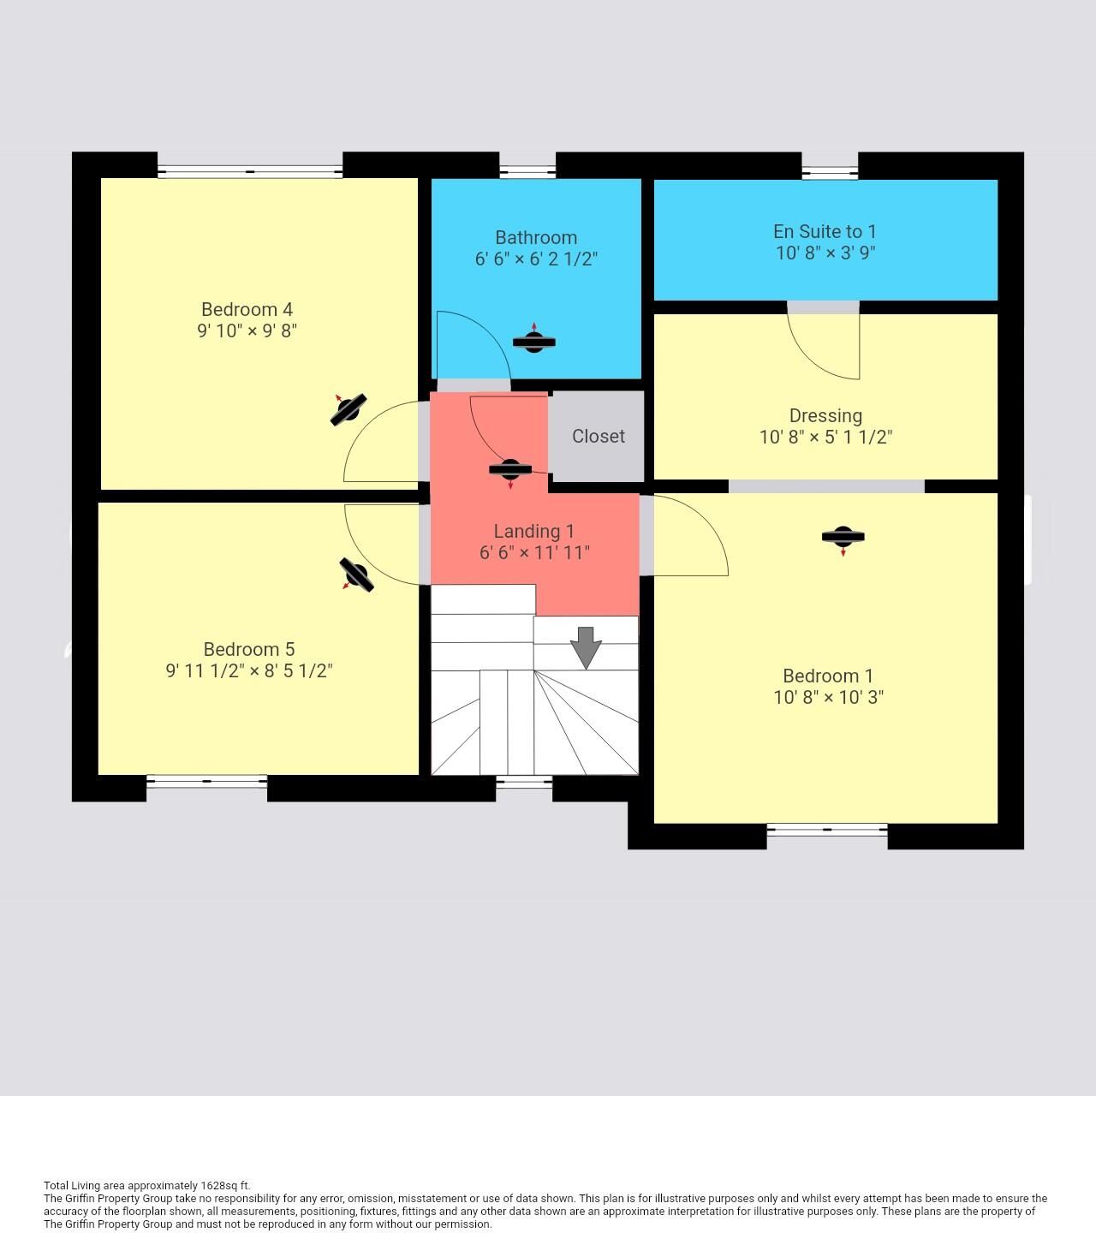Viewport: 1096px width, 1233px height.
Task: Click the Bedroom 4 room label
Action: pos(247,309)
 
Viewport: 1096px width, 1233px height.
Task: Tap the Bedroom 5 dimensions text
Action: pos(249,670)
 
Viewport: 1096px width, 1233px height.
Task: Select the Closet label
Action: pos(599,436)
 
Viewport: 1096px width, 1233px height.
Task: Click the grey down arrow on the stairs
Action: pos(586,647)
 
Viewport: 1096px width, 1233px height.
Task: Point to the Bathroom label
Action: pos(535,237)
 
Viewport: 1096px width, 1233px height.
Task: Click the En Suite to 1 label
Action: pos(825,231)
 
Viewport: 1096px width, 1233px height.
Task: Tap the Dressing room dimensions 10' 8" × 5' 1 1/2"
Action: pos(825,437)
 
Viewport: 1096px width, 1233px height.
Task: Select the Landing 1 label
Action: pos(533,531)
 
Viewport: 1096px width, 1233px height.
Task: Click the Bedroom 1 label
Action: pos(828,676)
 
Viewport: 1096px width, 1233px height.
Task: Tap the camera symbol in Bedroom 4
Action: pos(348,409)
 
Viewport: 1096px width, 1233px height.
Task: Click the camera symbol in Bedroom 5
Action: pos(356,575)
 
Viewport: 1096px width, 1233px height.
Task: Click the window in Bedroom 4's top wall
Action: pos(250,171)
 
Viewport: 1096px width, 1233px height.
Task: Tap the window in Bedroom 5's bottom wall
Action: pos(207,781)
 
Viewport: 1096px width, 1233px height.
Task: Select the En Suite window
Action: pos(830,173)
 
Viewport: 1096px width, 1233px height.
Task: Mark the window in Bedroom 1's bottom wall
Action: pos(827,830)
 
